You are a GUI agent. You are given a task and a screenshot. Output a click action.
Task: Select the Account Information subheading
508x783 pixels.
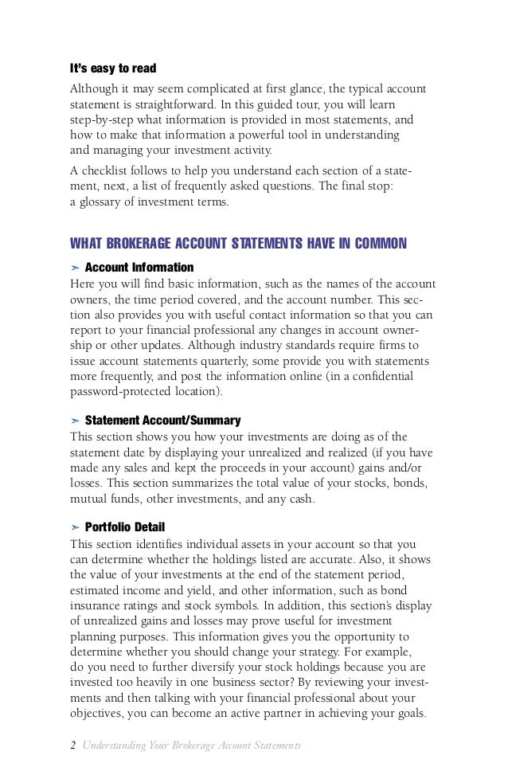[139, 266]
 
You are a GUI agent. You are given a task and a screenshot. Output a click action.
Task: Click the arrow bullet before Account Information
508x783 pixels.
[75, 266]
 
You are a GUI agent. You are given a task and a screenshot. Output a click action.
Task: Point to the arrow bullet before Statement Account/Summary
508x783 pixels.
[75, 420]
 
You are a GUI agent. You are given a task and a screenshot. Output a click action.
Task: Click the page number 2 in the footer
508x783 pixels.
[73, 745]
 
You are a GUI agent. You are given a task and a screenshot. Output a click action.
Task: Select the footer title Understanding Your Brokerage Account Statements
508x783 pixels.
[191, 745]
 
